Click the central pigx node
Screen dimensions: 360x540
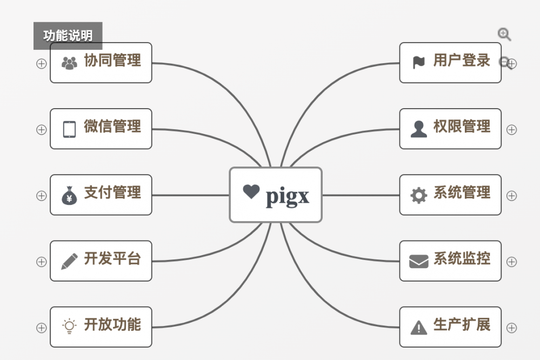click(276, 195)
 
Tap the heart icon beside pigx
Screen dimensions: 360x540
click(251, 191)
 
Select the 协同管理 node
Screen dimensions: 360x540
click(101, 63)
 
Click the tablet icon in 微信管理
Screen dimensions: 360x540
click(69, 129)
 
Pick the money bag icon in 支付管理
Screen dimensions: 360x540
click(69, 195)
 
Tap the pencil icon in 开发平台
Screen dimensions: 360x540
click(69, 261)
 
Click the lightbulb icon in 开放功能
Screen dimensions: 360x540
click(69, 326)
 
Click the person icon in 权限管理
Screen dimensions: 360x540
click(418, 129)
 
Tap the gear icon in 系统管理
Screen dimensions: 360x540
click(418, 195)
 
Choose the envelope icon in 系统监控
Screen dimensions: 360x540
click(418, 262)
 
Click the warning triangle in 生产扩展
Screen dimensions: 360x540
click(418, 327)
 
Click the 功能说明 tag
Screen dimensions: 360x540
click(68, 36)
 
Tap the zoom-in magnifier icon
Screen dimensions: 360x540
click(504, 35)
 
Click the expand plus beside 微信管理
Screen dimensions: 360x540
click(41, 130)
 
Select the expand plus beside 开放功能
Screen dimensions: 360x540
click(41, 328)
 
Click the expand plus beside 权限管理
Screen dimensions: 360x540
click(511, 130)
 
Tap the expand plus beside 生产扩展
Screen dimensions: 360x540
click(511, 328)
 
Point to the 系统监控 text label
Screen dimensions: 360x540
click(462, 259)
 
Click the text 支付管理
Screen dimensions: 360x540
click(112, 192)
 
